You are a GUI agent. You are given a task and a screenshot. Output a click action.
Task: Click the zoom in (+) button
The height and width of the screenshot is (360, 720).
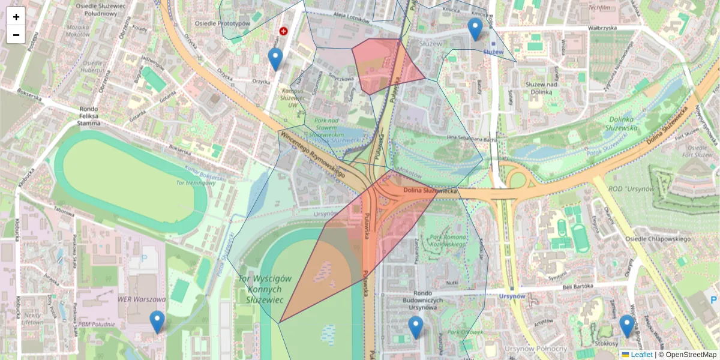pos(16,16)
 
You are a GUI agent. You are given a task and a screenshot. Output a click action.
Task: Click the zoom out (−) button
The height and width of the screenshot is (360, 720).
pos(16,34)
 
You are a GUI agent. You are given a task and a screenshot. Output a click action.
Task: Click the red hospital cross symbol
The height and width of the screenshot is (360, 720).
pos(283,31)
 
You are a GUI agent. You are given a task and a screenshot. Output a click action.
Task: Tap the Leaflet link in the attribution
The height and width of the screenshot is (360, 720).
pos(641,355)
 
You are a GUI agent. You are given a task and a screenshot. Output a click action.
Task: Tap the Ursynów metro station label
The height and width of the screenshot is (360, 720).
pos(512,296)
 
